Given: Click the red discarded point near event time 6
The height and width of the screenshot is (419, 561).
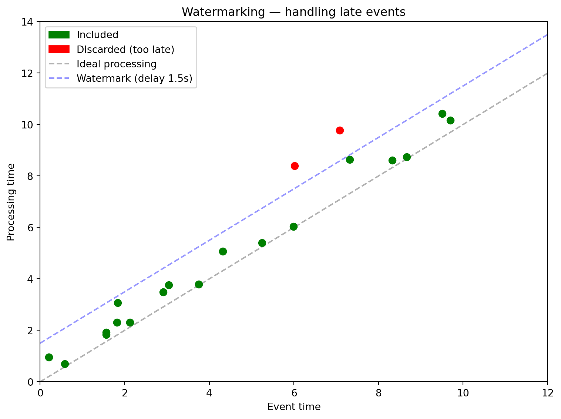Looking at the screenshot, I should [x=295, y=166].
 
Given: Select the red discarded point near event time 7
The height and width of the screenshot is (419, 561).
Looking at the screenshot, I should [x=340, y=130].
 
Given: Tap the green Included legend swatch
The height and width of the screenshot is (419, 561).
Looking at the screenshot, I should [x=59, y=35].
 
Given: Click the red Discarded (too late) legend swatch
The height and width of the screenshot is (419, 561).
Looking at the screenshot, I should [x=59, y=49].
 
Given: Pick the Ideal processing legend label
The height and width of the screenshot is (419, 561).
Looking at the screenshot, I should [x=117, y=64].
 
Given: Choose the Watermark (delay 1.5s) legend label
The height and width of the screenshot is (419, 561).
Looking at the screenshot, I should [x=135, y=78].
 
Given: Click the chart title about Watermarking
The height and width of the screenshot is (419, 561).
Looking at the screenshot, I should [x=293, y=12].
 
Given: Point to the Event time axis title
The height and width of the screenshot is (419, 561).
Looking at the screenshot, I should [x=294, y=407].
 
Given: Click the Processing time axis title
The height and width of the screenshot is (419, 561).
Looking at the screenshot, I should [x=11, y=202].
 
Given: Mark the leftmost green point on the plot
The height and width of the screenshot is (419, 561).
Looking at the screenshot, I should [x=49, y=357].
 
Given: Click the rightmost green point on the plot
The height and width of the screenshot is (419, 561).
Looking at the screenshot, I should [x=450, y=120].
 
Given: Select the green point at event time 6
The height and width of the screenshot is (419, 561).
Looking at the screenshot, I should [x=293, y=227].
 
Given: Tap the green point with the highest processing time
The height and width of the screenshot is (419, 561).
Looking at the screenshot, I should [x=442, y=114].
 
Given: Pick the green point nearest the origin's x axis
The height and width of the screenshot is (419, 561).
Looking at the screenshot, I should [x=65, y=364].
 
